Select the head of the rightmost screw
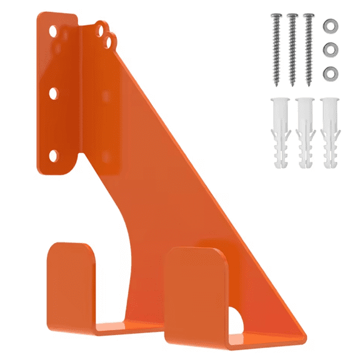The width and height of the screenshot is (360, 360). [x=307, y=17]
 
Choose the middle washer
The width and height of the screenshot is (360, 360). [x=328, y=49]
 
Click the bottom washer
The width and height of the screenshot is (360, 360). [x=328, y=73]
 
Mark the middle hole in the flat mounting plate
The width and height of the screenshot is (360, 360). [x=53, y=92]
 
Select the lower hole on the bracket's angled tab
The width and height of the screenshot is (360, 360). [x=111, y=41]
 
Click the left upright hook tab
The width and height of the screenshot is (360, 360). [x=71, y=281]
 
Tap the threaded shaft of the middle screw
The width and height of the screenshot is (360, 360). [x=292, y=53]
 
